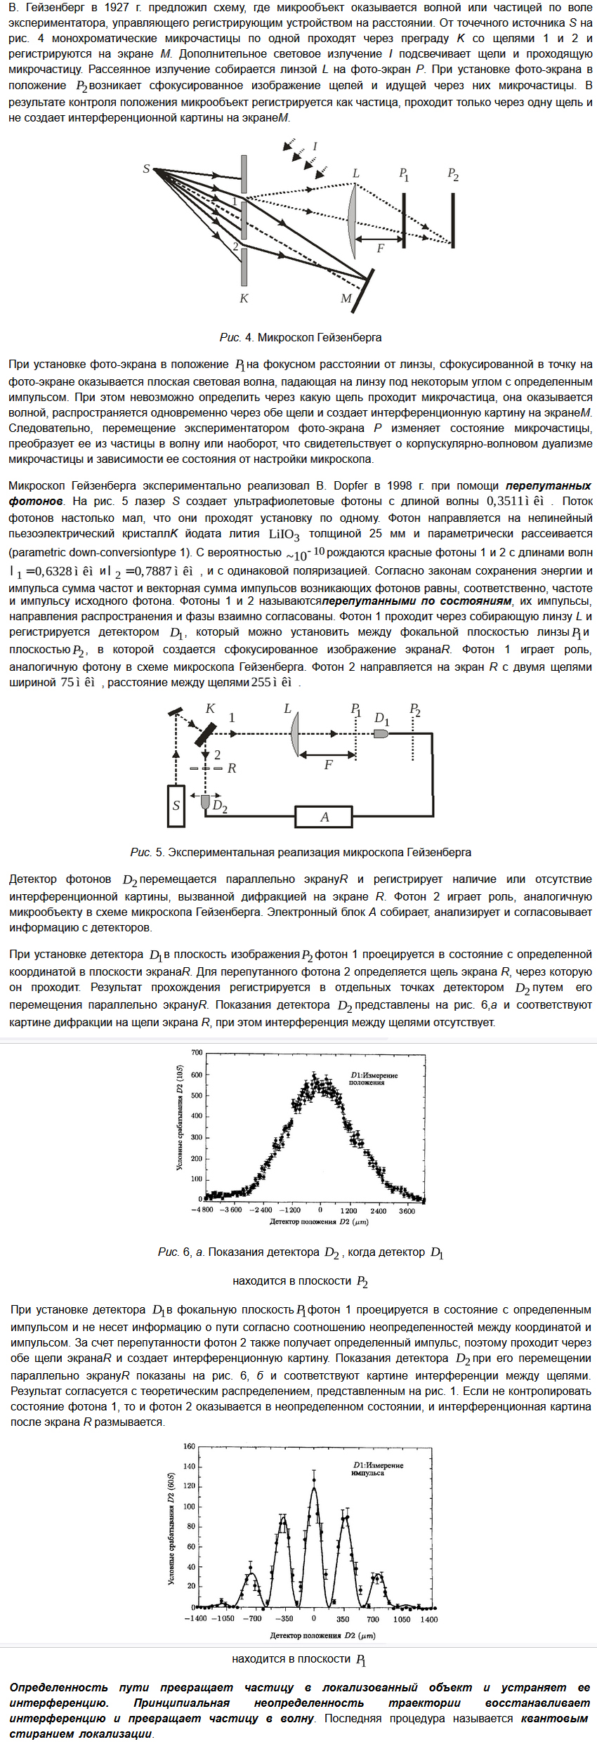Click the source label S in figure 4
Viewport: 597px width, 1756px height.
(x=146, y=169)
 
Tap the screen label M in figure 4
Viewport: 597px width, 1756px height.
(x=346, y=299)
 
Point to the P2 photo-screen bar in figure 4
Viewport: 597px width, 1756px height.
(x=453, y=220)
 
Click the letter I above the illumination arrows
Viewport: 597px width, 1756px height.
(x=315, y=146)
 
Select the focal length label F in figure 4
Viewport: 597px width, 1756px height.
(x=380, y=248)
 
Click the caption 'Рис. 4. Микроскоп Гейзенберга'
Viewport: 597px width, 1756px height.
(x=300, y=337)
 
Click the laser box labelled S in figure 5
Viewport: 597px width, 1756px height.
(x=176, y=805)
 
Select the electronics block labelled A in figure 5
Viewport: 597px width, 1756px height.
(x=324, y=817)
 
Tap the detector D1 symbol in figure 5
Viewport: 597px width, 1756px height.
(x=381, y=733)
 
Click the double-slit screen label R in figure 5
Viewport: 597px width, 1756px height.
(x=232, y=768)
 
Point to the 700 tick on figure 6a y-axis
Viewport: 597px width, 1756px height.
(x=197, y=1052)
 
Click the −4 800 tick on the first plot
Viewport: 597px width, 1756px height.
(x=202, y=1210)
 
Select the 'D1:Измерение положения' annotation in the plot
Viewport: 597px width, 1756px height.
(x=374, y=1078)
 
